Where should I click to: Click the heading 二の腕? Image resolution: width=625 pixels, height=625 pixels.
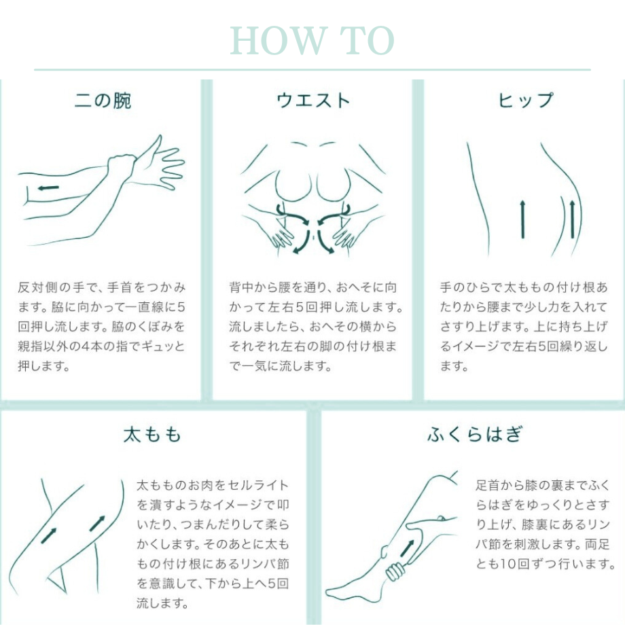(x=103, y=101)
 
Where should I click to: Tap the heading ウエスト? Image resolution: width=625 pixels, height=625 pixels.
(x=312, y=101)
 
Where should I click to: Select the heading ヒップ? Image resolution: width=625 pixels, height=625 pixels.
(x=525, y=101)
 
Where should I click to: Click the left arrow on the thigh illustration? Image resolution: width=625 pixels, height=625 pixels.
(x=48, y=535)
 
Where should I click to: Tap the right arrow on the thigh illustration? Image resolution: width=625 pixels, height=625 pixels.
(x=97, y=522)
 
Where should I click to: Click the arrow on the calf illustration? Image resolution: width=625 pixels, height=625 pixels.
(x=409, y=548)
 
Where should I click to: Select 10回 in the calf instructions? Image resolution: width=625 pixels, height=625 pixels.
(x=526, y=563)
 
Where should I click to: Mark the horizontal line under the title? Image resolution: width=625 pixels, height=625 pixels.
(x=312, y=69)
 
